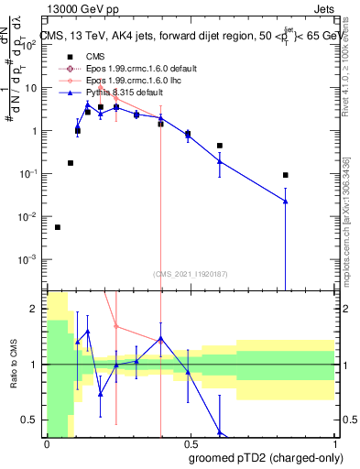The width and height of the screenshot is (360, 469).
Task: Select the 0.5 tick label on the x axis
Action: (189, 443)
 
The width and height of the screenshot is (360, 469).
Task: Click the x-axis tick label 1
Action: (333, 443)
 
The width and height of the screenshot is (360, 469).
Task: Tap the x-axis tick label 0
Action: (46, 443)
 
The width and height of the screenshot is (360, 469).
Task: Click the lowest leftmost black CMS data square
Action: (58, 227)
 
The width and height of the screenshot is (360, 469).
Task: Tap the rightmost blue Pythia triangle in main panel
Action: (286, 202)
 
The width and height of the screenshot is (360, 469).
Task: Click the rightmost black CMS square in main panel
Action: (286, 175)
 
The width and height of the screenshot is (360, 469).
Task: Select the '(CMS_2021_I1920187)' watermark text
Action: (189, 273)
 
